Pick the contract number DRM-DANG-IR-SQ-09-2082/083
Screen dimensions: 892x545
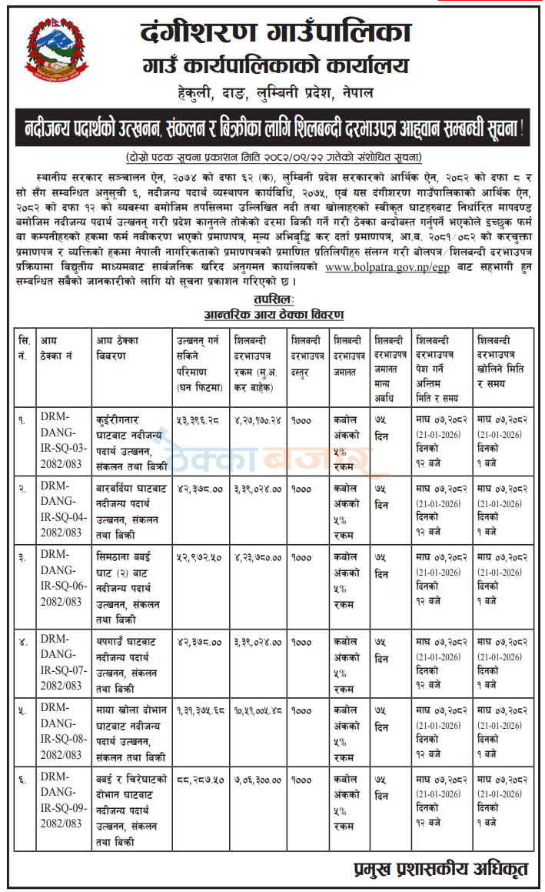[65, 803]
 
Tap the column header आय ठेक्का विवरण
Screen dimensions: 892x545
[123, 347]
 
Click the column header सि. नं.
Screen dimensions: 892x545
[25, 347]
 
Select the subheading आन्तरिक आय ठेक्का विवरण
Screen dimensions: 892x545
[273, 314]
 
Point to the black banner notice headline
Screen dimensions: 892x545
[272, 127]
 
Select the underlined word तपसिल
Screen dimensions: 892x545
[273, 299]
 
